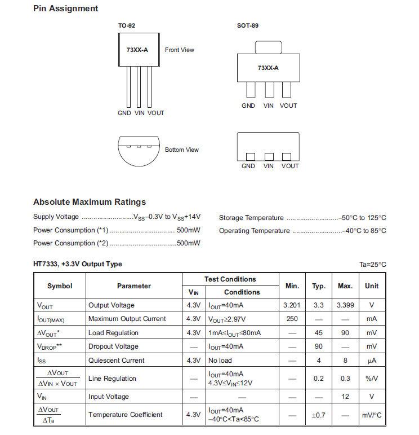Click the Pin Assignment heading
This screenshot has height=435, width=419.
tap(65, 8)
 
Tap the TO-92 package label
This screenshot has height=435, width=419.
tap(126, 25)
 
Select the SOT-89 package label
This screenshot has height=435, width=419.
tap(248, 25)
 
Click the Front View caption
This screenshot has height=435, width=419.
tap(179, 50)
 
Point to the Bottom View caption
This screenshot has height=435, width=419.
tap(181, 150)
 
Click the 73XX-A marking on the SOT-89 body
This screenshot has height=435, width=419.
tap(268, 68)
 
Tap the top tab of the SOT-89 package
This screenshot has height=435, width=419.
tap(269, 47)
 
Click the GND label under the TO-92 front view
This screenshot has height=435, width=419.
tap(124, 113)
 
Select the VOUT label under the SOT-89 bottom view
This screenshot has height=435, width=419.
tap(289, 166)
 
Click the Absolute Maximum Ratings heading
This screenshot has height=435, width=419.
tap(90, 202)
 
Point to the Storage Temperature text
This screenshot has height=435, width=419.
tap(251, 218)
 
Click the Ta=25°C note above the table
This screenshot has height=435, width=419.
tap(373, 264)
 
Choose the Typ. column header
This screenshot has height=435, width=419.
tap(319, 286)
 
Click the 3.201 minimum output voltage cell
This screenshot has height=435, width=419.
tap(292, 305)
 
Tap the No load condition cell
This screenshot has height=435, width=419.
tap(220, 360)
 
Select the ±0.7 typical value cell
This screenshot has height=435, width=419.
tap(319, 415)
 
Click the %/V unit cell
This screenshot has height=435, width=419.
tap(372, 379)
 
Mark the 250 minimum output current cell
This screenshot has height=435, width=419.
tap(292, 319)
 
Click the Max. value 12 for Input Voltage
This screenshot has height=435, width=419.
tap(345, 397)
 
